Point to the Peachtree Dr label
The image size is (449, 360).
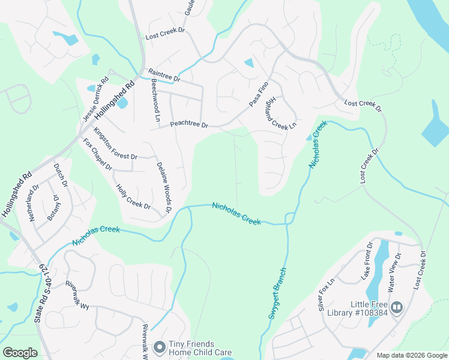pyautogui.click(x=188, y=125)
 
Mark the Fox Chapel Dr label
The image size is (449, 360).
pyautogui.click(x=97, y=154)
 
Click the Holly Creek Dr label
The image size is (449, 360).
pyautogui.click(x=133, y=197)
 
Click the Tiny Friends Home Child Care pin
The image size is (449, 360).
pyautogui.click(x=159, y=347)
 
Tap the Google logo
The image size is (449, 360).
pyautogui.click(x=20, y=353)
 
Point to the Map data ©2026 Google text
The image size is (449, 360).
pyautogui.click(x=411, y=355)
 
